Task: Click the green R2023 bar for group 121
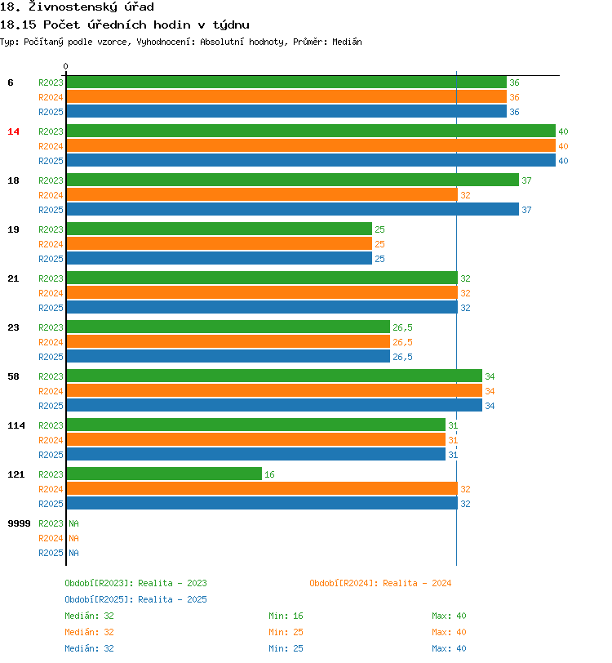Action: (x=163, y=474)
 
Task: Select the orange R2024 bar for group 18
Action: (x=261, y=195)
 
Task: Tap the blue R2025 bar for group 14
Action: (x=310, y=161)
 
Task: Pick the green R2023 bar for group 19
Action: (x=219, y=229)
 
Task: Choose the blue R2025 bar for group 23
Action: (x=228, y=357)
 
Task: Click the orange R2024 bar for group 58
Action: (x=273, y=391)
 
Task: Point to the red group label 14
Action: (x=13, y=131)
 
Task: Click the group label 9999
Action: (x=19, y=523)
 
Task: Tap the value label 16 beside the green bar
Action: (x=269, y=474)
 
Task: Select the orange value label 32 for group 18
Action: (x=465, y=195)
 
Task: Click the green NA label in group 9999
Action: (x=73, y=523)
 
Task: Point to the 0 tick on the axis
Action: (x=66, y=67)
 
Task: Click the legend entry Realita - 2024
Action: (x=380, y=583)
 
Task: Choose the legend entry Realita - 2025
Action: (x=135, y=599)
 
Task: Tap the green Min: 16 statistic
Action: (x=286, y=616)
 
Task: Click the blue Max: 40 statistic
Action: (x=449, y=648)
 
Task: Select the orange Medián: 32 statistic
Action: (x=89, y=632)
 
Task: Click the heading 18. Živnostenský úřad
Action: (x=77, y=7)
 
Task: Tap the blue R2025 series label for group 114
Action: (x=51, y=455)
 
